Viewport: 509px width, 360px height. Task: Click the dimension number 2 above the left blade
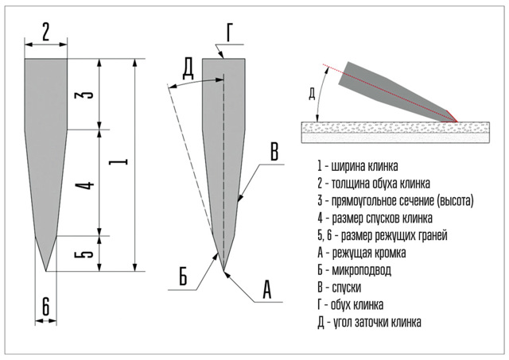point(46,32)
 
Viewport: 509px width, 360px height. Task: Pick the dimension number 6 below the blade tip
point(45,304)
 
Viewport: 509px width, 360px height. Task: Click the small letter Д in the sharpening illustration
point(312,93)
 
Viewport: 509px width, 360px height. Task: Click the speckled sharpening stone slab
point(394,129)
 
